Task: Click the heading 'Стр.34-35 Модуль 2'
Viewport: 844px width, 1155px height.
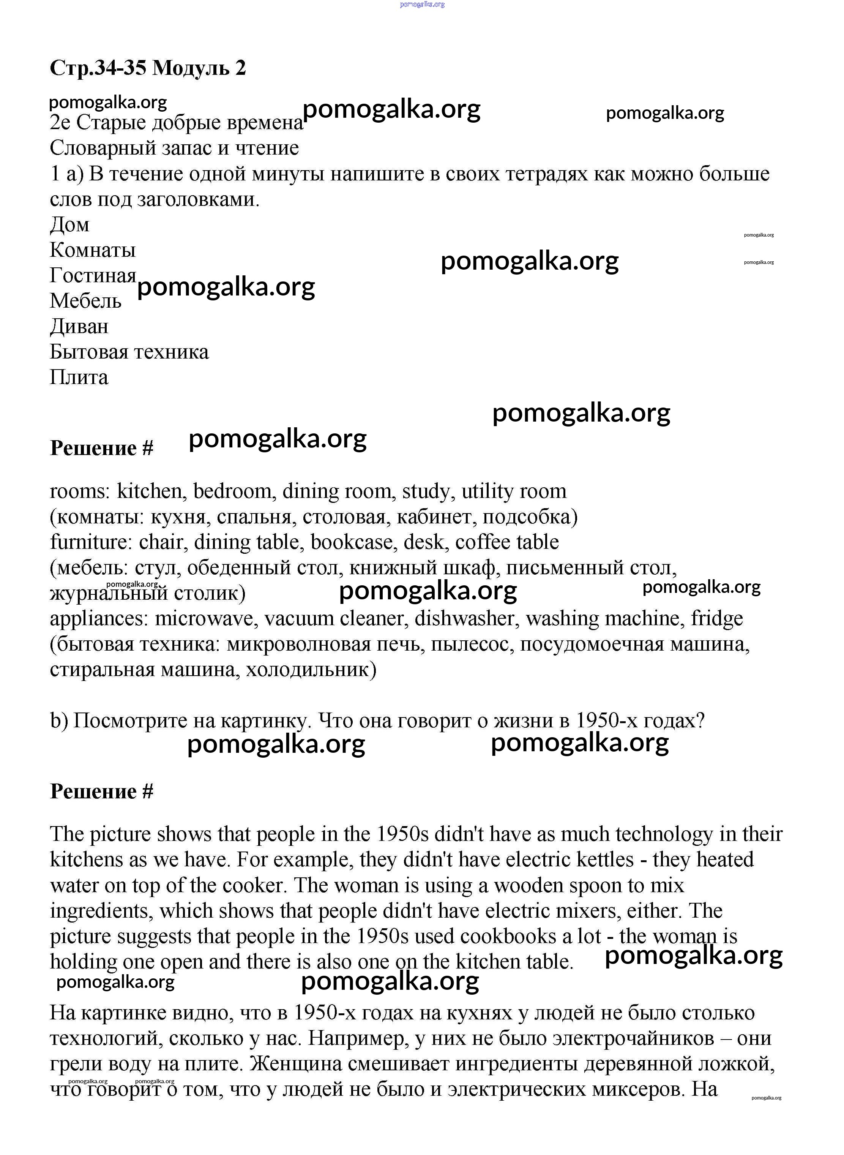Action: tap(148, 68)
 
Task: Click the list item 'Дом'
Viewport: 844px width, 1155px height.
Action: tap(69, 225)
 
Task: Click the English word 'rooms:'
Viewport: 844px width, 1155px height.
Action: tap(80, 491)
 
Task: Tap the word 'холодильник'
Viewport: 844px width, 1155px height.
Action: tap(311, 670)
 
